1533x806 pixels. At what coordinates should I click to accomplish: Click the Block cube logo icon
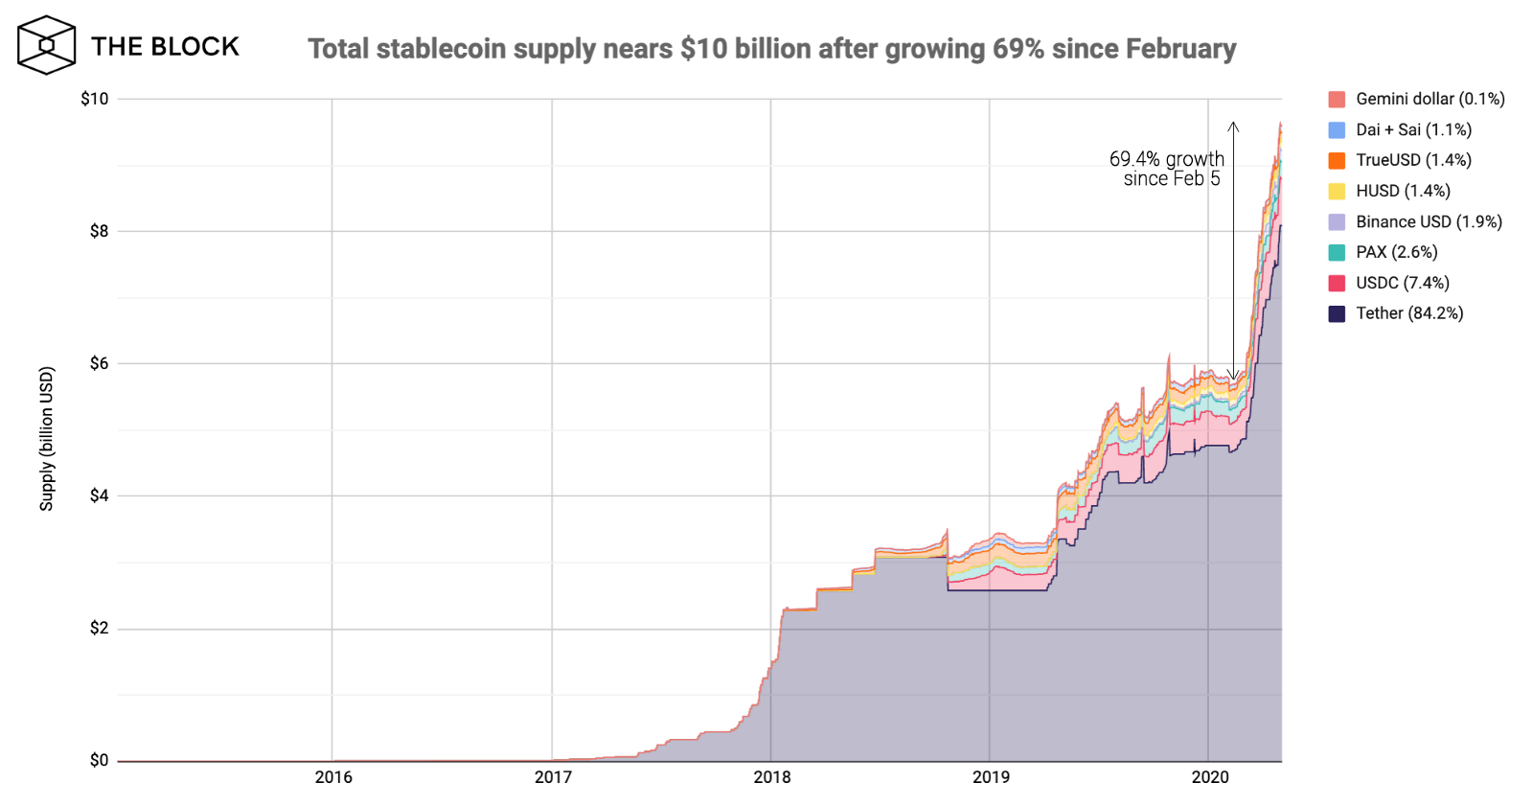coord(46,45)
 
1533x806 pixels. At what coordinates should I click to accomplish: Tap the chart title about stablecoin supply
coord(771,49)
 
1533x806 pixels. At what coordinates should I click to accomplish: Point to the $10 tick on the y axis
coord(95,99)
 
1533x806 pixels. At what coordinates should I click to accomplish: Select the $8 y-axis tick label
coord(99,231)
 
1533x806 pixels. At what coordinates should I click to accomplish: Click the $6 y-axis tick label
coord(99,363)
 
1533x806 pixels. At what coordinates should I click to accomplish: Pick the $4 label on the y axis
coord(99,495)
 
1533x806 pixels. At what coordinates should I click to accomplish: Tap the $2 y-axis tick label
coord(99,628)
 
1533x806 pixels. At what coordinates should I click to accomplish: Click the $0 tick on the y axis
coord(99,760)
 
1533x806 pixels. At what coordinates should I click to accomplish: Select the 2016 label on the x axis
coord(333,776)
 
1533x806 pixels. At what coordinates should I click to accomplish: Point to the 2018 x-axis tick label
coord(771,776)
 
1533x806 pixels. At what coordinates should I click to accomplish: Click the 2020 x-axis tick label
coord(1209,776)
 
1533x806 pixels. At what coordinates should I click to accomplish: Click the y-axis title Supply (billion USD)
coord(46,438)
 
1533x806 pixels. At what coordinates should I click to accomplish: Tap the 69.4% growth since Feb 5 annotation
coord(1167,169)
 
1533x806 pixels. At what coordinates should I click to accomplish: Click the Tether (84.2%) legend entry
coord(1408,313)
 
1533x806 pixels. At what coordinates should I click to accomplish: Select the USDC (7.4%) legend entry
coord(1402,283)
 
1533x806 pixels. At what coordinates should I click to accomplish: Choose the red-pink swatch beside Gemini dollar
coord(1337,99)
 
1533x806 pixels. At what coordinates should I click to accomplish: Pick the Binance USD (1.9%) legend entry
coord(1428,221)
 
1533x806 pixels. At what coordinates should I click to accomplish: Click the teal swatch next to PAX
coord(1337,252)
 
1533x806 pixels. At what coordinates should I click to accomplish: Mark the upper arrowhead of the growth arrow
coord(1234,126)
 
